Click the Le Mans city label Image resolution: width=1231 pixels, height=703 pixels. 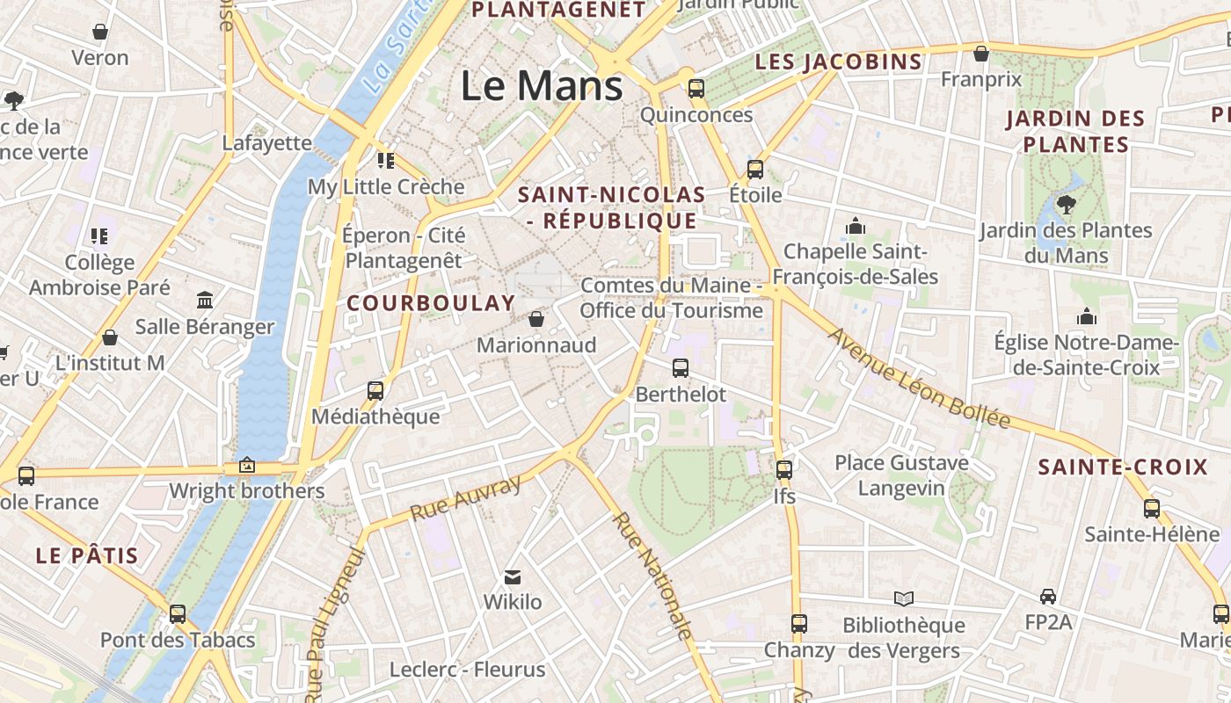542,86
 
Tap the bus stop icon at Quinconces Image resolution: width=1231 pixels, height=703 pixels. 696,88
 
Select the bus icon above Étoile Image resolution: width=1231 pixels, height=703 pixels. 755,170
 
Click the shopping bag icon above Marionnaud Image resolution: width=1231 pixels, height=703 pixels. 536,319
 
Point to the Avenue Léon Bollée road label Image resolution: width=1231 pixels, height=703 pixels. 919,378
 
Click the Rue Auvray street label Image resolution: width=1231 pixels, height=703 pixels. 466,497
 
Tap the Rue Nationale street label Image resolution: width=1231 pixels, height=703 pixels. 652,575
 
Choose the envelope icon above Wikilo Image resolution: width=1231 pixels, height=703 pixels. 513,577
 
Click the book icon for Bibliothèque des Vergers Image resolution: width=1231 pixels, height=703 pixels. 904,599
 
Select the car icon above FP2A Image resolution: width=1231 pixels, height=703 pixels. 1048,597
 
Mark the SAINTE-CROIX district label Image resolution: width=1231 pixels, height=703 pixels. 1123,467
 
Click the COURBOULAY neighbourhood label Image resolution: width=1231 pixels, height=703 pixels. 431,303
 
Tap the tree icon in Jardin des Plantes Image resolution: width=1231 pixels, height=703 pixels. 1067,205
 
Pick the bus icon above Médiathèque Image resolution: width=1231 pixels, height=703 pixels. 375,391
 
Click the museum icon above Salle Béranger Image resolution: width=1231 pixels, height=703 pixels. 205,301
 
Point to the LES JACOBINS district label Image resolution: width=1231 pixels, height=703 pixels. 839,62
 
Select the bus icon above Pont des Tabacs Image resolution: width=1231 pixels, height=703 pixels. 178,614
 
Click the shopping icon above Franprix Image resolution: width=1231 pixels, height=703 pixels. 981,54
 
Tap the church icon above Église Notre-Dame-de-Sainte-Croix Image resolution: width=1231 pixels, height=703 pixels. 1087,316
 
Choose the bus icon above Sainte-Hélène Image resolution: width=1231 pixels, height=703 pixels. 1152,508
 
